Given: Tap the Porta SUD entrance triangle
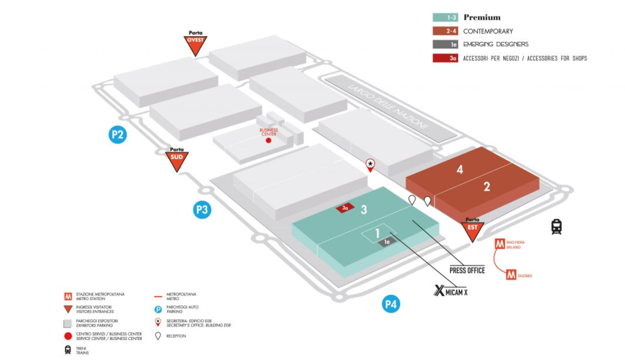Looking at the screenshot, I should click(x=177, y=160).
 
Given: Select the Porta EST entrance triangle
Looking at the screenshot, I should click(x=472, y=230).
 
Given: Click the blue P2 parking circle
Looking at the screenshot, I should click(x=118, y=135).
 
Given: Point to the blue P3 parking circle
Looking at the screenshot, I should click(x=202, y=210).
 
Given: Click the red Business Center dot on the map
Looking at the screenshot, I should click(x=269, y=140).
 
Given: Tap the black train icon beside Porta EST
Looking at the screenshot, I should click(x=557, y=227).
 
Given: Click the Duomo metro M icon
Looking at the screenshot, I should click(x=511, y=275).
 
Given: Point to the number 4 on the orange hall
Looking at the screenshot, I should click(x=459, y=169).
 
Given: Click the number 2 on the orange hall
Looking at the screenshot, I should click(x=486, y=186).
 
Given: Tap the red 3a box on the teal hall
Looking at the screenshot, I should click(x=345, y=208).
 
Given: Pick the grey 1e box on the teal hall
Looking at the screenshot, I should click(x=387, y=242).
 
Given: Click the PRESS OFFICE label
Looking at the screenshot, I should click(x=467, y=270).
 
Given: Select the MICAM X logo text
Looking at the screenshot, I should click(x=451, y=292).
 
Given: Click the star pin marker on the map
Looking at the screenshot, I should click(x=370, y=165).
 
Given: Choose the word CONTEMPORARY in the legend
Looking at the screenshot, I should click(x=488, y=31).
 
